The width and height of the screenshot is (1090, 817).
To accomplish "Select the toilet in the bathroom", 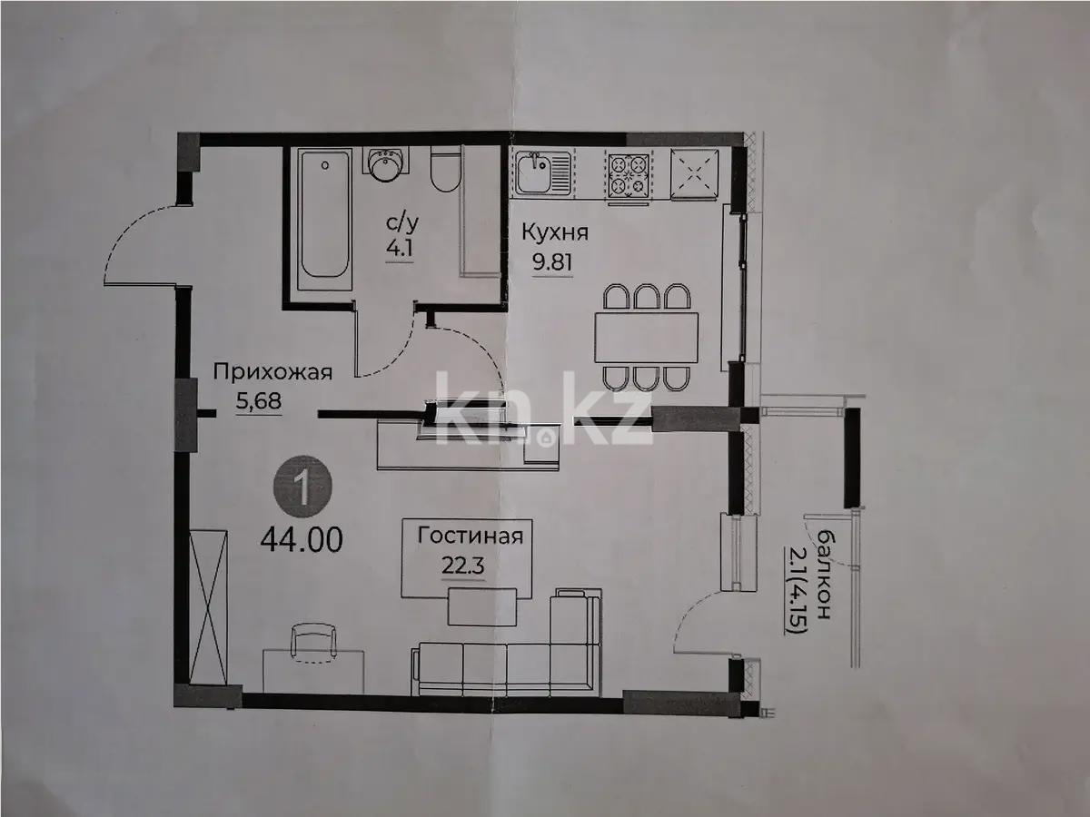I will click(445, 170).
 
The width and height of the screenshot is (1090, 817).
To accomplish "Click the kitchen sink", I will click(542, 172).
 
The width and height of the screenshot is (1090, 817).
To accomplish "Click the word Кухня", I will click(554, 232).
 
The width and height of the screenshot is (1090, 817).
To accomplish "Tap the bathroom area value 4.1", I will click(400, 248).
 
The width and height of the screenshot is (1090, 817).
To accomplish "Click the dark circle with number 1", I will click(303, 491).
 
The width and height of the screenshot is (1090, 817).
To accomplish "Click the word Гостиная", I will click(470, 535).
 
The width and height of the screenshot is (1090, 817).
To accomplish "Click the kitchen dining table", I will click(647, 337).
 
